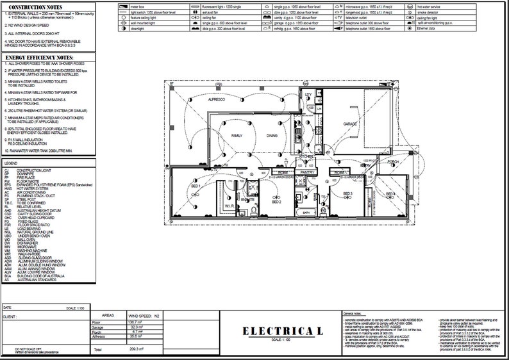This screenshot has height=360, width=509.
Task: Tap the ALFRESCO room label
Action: pyautogui.click(x=216, y=101)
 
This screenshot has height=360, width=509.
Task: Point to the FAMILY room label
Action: pyautogui.click(x=237, y=136)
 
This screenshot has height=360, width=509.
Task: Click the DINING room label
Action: pyautogui.click(x=272, y=135)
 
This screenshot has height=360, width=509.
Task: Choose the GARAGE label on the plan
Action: pyautogui.click(x=349, y=123)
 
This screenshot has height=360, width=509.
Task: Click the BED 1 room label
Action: pyautogui.click(x=196, y=186)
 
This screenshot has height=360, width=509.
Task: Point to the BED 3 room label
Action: pyautogui.click(x=347, y=193)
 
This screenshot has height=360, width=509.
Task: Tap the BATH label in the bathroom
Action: pyautogui.click(x=306, y=212)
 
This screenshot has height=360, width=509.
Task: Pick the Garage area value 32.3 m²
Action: pyautogui.click(x=135, y=327)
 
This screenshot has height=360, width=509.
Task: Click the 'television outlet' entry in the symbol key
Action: pyautogui.click(x=360, y=17)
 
